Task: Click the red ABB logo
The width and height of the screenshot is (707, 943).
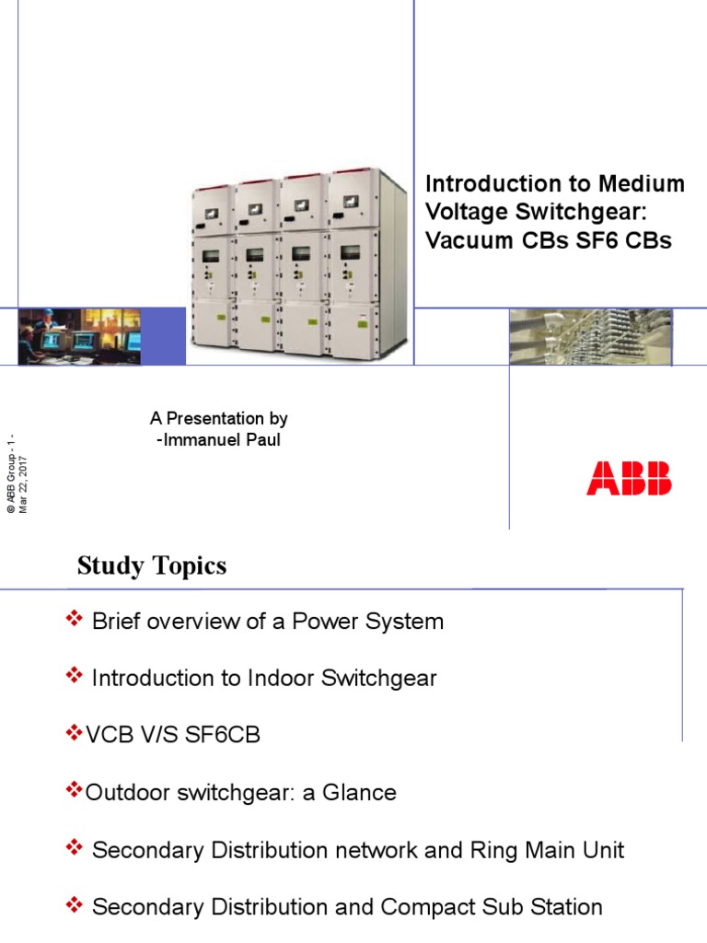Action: point(629,479)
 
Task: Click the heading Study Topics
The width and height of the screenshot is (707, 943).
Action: point(152,565)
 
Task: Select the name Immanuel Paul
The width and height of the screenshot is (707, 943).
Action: point(222,440)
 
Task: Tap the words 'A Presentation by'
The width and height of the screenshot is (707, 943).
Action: point(219,419)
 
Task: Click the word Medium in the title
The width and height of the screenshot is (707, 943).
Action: point(648,183)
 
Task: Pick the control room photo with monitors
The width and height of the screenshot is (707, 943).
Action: point(79,336)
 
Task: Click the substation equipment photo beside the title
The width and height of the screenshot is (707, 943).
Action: point(590,337)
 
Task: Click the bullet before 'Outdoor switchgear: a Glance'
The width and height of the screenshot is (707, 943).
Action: point(74,791)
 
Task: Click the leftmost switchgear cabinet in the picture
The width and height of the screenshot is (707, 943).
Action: point(212,267)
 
